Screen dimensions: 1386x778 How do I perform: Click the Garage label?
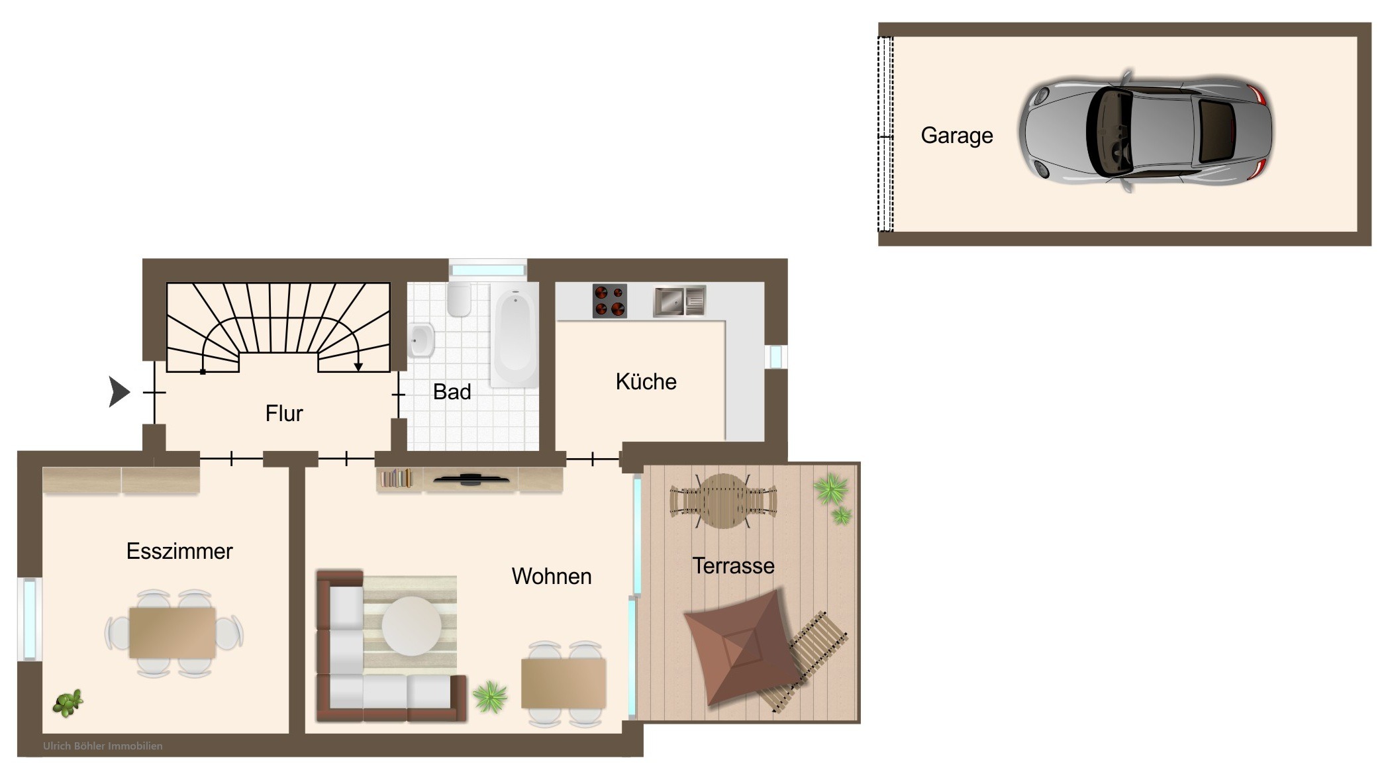[956, 136]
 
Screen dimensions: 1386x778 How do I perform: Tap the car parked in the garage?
[1145, 131]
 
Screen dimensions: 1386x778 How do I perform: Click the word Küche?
[646, 381]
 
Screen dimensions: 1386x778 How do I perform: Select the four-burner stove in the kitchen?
[609, 301]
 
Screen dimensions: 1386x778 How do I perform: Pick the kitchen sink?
[679, 301]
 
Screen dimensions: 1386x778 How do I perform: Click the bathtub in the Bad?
[515, 335]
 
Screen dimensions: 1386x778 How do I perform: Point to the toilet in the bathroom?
[458, 300]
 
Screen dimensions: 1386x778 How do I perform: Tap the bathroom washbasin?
[421, 340]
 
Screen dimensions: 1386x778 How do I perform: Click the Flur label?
[284, 413]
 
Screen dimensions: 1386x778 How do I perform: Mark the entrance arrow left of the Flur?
[119, 391]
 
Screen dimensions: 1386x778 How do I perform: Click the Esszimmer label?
[179, 551]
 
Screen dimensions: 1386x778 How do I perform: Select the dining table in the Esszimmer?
[172, 632]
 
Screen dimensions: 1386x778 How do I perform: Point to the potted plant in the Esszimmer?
[68, 703]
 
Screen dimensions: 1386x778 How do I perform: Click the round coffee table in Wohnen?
[411, 626]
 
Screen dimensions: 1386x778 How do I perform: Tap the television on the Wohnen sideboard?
[471, 479]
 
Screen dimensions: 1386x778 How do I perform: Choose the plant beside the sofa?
[490, 697]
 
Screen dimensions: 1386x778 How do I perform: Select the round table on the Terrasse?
[723, 501]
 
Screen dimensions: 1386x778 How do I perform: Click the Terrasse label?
[733, 565]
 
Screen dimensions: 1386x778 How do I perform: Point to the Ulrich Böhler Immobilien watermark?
[103, 746]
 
